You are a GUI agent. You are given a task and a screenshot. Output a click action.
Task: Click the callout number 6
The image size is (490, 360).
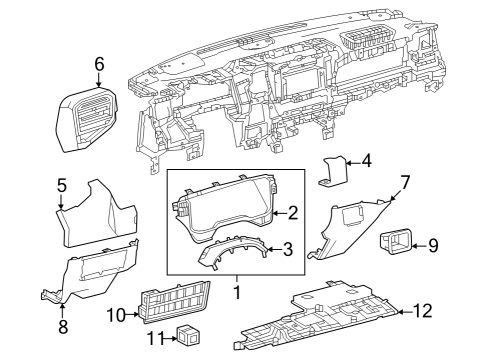click(99, 64)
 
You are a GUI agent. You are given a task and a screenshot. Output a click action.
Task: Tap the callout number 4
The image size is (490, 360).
click(366, 160)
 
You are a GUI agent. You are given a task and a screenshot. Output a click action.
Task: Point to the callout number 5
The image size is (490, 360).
click(61, 185)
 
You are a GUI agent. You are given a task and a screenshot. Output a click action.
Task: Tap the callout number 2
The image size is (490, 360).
click(293, 213)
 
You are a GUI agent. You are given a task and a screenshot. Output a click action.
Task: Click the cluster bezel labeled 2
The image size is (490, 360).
click(225, 211)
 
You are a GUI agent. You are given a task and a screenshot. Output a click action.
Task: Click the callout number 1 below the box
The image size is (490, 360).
click(236, 294)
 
